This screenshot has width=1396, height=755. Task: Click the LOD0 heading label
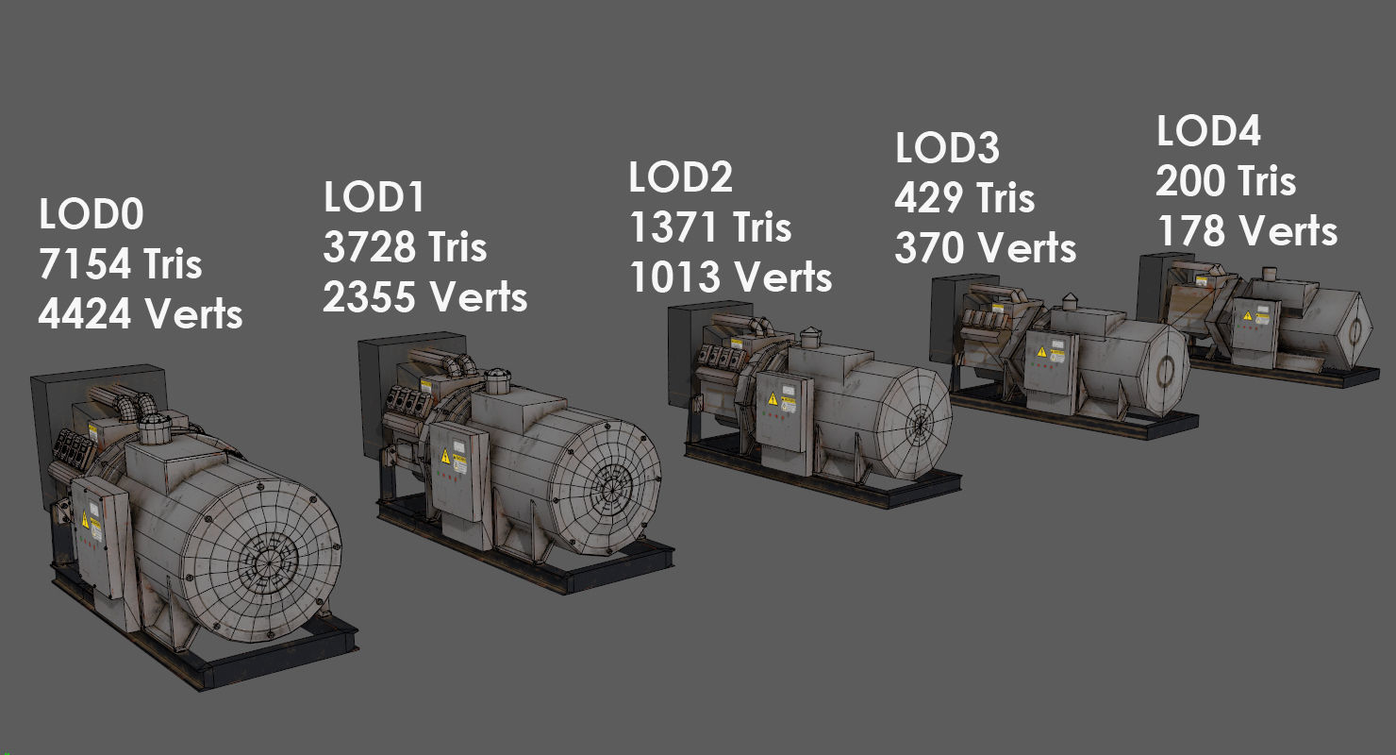pos(91,214)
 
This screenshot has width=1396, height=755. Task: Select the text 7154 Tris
pos(120,264)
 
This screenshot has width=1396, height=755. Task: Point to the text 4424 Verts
pos(140,313)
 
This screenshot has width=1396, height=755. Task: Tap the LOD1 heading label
pos(374,197)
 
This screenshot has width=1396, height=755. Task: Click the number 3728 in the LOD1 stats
pos(369,247)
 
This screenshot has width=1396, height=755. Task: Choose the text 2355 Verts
pos(424,296)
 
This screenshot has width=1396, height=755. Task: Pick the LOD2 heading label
pos(680,177)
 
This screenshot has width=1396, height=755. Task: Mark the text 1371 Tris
pos(710,227)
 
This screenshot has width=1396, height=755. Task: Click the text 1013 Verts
pos(730,277)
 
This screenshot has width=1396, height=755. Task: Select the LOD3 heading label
pos(947,148)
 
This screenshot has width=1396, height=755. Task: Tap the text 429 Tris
pos(964,198)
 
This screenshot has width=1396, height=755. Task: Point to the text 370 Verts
pos(985,247)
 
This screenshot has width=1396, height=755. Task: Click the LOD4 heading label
pos(1208,131)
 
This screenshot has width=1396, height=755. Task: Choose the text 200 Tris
pos(1225,180)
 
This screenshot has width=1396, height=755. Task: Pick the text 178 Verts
pos(1246,230)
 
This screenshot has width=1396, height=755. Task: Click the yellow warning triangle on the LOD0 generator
pos(84,520)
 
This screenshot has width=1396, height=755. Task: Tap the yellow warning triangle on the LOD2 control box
pos(773,398)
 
